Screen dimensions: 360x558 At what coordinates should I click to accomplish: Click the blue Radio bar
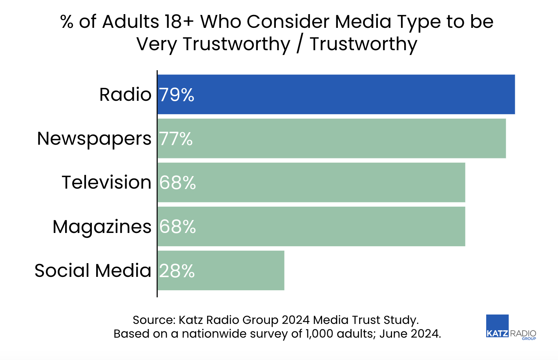pos(336,95)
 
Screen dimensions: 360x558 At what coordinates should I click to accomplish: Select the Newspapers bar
pos(332,138)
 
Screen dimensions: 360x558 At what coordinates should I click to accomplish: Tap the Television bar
pos(311,182)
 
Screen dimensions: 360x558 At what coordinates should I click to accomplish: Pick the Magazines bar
pos(311,226)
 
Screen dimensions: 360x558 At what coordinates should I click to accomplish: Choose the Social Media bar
pos(221,270)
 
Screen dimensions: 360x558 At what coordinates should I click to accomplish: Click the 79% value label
pos(177,95)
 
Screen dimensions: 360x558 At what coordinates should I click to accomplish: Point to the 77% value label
pos(176,139)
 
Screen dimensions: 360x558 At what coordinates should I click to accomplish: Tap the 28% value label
pos(177,271)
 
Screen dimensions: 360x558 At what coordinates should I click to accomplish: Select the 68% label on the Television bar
pos(177,183)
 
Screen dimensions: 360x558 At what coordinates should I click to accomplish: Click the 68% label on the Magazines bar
pos(177,227)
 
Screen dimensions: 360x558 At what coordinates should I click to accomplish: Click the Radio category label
pos(125,95)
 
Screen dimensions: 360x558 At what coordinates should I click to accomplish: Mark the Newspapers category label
pos(94,139)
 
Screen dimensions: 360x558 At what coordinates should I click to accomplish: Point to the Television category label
pos(106,182)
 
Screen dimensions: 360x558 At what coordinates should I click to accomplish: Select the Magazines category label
pos(102,227)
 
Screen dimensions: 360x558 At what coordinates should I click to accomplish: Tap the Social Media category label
pos(93,271)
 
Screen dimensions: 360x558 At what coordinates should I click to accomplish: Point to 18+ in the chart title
pos(179,22)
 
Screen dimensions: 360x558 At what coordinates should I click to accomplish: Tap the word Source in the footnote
pos(153,320)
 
